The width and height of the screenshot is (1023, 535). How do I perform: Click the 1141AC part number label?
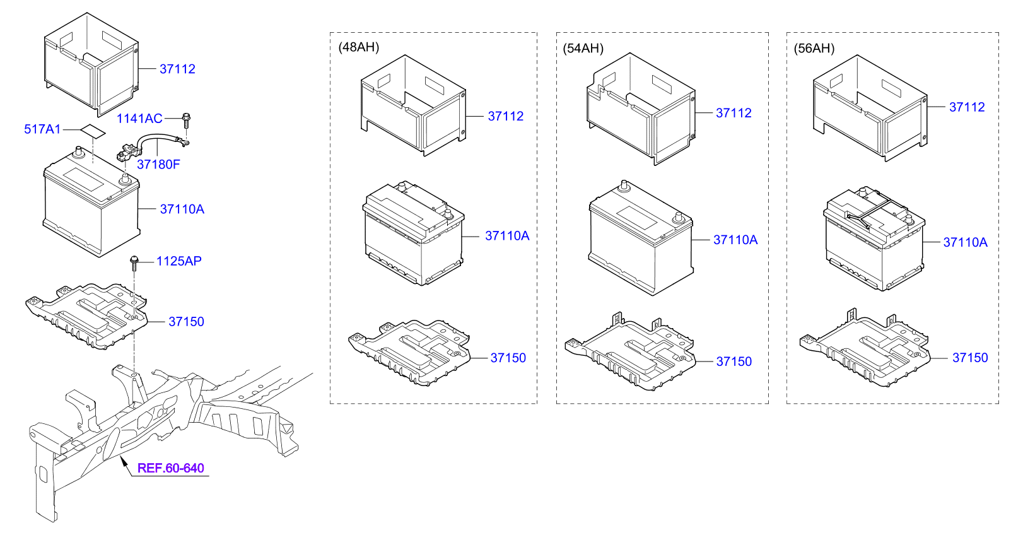click(x=139, y=119)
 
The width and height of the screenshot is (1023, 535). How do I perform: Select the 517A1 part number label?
click(x=42, y=129)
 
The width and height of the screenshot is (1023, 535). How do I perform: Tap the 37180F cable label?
click(x=158, y=165)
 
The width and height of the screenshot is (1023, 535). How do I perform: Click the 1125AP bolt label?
click(x=179, y=261)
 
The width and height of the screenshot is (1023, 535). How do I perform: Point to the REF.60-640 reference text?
click(x=171, y=468)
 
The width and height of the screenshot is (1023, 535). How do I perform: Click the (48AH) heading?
click(x=359, y=47)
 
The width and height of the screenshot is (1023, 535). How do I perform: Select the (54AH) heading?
click(x=583, y=49)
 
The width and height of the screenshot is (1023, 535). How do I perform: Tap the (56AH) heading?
click(x=814, y=49)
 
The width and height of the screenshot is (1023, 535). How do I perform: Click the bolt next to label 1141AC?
click(x=186, y=121)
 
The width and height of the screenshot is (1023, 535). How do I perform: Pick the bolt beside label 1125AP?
click(x=134, y=262)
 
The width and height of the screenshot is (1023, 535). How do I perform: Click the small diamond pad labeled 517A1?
click(x=93, y=131)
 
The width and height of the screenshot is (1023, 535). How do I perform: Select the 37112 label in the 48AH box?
click(x=506, y=116)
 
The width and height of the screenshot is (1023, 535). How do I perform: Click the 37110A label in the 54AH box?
click(x=735, y=240)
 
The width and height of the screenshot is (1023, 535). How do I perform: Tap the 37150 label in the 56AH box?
click(x=970, y=358)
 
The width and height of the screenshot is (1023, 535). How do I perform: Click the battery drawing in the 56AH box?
click(x=874, y=238)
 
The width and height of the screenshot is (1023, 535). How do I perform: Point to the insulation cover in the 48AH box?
click(x=413, y=105)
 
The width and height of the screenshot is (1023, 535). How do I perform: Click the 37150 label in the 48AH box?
click(x=508, y=358)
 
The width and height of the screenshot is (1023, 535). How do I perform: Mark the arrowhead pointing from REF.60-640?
click(x=123, y=461)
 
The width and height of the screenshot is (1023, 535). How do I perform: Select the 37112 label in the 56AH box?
click(x=967, y=107)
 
